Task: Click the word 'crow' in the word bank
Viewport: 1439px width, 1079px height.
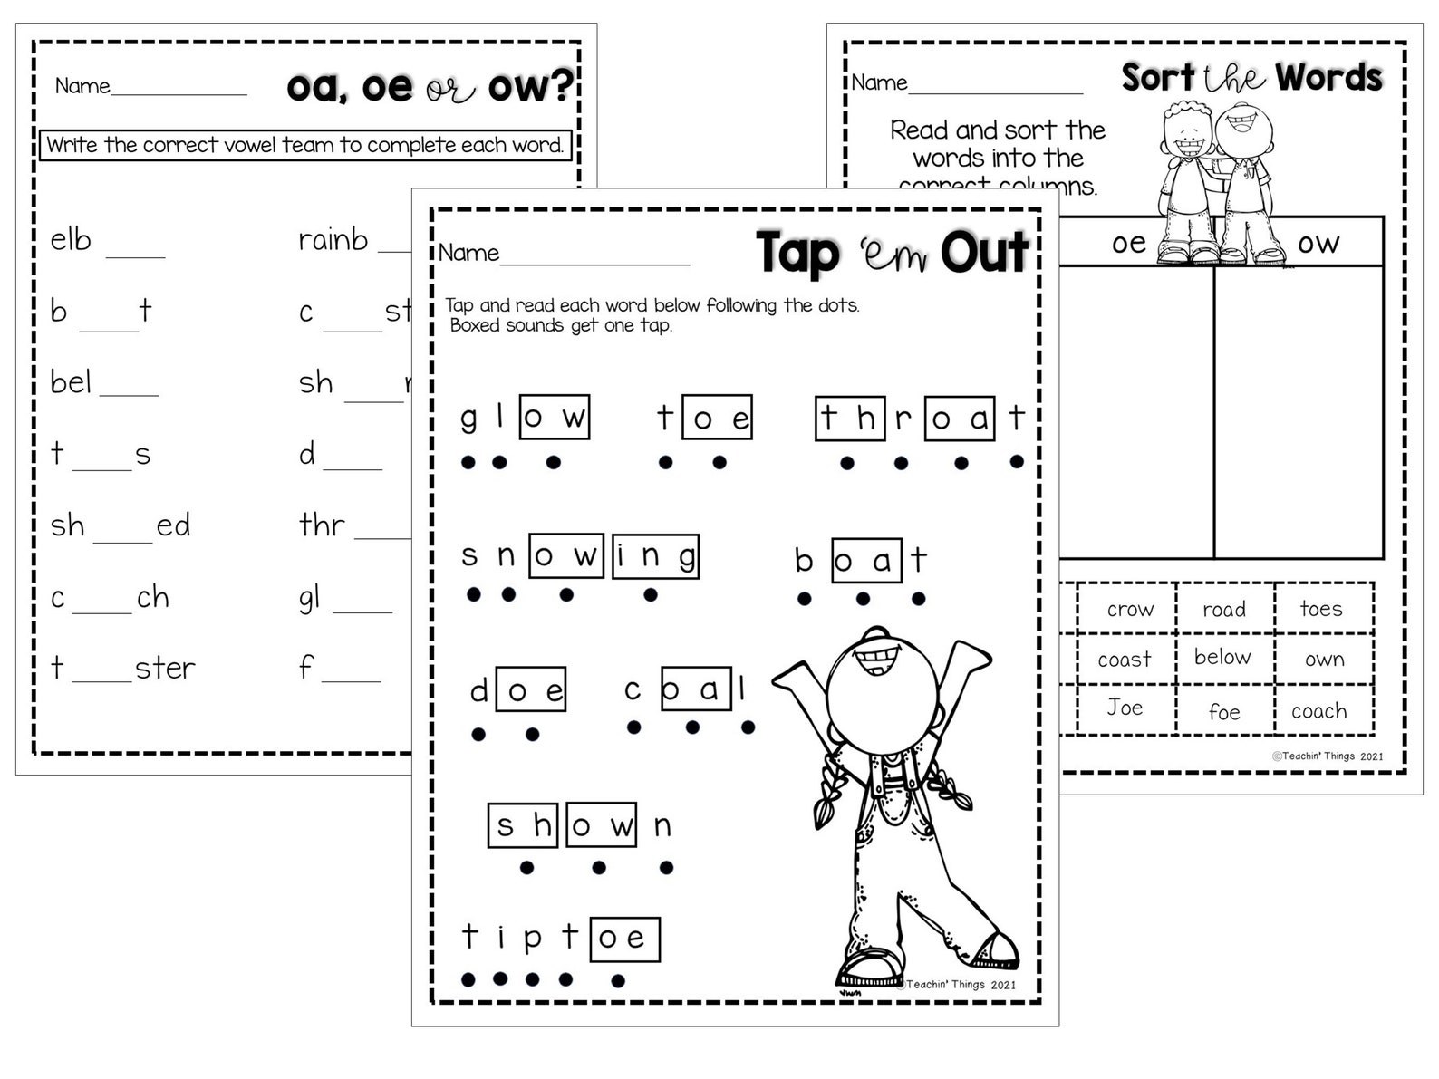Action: click(1129, 610)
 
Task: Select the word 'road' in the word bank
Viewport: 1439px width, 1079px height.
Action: click(1223, 610)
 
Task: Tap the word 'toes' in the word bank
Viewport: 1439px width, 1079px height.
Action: click(1320, 609)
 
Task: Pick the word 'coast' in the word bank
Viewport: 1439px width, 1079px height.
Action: click(1124, 660)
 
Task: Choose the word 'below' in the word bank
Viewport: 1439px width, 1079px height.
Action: click(1222, 657)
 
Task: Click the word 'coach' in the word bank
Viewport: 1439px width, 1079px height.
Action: click(1318, 711)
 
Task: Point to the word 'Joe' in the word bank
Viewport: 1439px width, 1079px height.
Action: click(1125, 708)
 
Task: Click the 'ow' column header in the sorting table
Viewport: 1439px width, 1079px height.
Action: click(1318, 243)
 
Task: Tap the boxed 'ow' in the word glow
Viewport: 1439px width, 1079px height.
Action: click(555, 418)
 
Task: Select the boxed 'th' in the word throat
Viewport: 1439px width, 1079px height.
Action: click(850, 419)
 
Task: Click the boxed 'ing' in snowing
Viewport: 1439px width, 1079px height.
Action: click(655, 555)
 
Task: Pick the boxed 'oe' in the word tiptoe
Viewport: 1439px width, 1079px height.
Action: click(623, 938)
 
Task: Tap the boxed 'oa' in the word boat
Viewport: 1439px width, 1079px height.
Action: click(866, 561)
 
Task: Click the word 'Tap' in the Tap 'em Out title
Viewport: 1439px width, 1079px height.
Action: click(797, 253)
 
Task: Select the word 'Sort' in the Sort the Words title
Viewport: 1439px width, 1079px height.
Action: click(1158, 78)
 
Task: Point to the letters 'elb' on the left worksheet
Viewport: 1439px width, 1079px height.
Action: click(71, 240)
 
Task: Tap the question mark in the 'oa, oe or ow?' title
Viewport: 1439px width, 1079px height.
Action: click(562, 86)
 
